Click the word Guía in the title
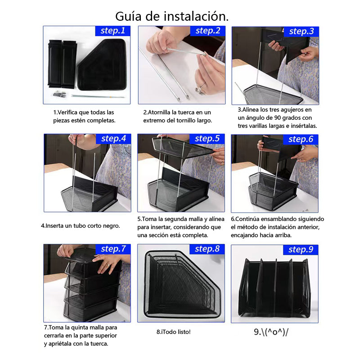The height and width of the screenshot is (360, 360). coord(128,17)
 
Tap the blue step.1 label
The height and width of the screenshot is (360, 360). coord(113,31)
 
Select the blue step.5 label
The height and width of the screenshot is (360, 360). coord(207,139)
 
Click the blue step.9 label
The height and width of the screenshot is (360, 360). coord(301,250)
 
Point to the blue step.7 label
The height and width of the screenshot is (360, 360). coord(113,249)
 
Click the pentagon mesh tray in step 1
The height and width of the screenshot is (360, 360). coord(102,64)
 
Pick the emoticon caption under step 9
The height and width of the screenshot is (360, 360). coord(271,332)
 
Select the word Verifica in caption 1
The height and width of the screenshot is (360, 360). coord(67,112)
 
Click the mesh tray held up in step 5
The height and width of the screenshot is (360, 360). coord(183,147)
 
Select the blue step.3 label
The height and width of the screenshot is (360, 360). coord(301,31)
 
